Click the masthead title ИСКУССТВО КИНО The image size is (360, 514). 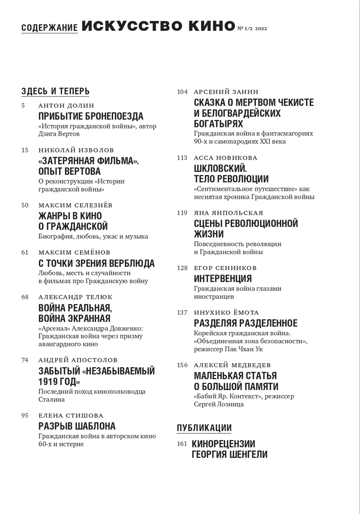[x=158, y=26]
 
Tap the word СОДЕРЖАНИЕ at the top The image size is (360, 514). [x=49, y=28]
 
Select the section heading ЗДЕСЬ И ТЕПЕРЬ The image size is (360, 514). [x=55, y=91]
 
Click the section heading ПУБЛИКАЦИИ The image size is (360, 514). [x=204, y=428]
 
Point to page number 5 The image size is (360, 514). [x=23, y=106]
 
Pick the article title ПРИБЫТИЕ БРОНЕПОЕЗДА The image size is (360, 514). [x=91, y=116]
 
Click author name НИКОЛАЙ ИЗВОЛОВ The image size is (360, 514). [x=76, y=150]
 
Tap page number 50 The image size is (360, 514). [x=25, y=205]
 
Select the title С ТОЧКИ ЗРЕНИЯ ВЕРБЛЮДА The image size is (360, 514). [x=96, y=263]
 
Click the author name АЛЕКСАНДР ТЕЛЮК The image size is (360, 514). [x=76, y=297]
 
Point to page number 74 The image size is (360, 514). [x=25, y=360]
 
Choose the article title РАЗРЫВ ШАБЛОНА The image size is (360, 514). [x=77, y=426]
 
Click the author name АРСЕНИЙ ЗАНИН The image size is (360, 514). [x=226, y=92]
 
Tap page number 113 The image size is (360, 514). [x=182, y=158]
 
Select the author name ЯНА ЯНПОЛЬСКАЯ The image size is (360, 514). [x=228, y=213]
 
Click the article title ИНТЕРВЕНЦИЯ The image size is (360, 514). [x=223, y=278]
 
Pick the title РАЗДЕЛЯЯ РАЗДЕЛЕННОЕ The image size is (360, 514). [x=246, y=323]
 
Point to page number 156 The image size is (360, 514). [x=182, y=365]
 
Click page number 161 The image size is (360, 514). [x=182, y=444]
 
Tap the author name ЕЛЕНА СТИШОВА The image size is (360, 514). [x=71, y=416]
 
